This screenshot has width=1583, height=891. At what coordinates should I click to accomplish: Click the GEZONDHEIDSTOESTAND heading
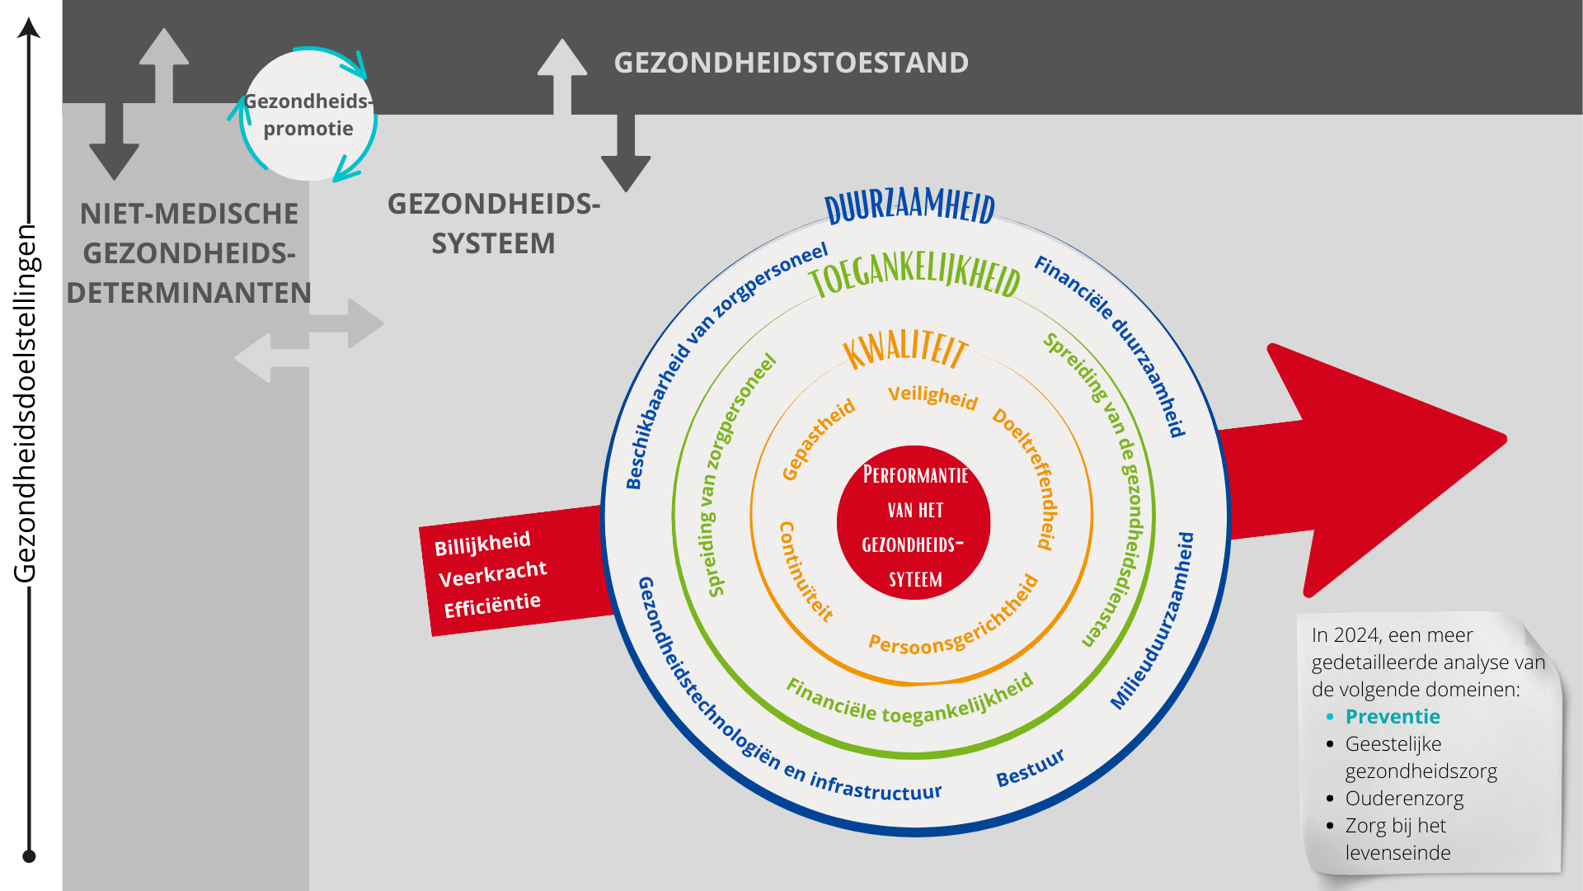click(791, 63)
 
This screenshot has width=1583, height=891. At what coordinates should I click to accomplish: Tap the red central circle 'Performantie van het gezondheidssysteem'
click(914, 523)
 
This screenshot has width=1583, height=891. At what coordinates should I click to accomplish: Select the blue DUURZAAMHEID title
click(910, 205)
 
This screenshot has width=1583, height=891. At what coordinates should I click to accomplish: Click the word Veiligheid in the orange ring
click(932, 397)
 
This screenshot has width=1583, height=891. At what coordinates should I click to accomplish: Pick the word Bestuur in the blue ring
click(1031, 767)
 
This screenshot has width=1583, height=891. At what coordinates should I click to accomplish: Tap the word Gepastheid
click(819, 440)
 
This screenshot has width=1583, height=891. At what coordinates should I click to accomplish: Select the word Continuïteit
click(806, 571)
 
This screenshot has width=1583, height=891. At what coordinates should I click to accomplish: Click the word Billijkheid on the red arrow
click(482, 544)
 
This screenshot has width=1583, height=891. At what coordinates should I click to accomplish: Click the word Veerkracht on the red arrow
click(492, 574)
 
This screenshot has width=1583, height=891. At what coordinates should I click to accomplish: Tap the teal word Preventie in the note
click(1393, 716)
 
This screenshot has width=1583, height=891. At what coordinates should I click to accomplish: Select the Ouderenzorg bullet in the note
click(1404, 799)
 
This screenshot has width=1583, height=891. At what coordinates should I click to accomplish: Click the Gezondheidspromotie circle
click(308, 115)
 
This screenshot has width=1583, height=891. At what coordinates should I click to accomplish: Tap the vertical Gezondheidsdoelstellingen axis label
click(26, 403)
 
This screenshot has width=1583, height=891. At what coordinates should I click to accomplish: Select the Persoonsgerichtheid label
click(954, 615)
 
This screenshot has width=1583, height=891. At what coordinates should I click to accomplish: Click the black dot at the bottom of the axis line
click(29, 856)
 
